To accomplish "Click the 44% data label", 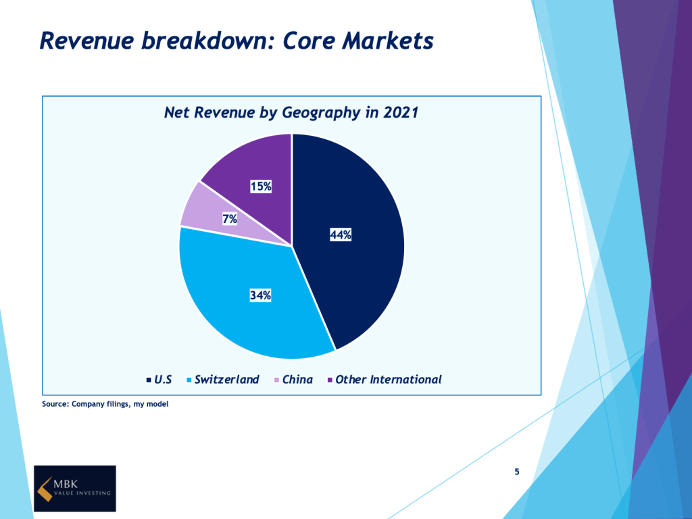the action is click(x=341, y=234).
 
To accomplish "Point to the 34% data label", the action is click(x=260, y=295).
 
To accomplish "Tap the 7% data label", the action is click(x=230, y=219).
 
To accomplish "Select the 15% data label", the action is click(x=261, y=187).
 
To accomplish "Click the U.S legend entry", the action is click(x=159, y=380).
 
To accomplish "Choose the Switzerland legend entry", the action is click(x=223, y=380).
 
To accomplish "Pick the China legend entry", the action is click(x=293, y=380).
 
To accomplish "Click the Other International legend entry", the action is click(x=385, y=380).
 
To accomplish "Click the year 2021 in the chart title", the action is click(x=400, y=112).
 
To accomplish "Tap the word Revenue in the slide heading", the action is click(x=86, y=41).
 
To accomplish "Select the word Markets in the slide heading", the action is click(x=388, y=41).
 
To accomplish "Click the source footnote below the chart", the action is click(x=105, y=404).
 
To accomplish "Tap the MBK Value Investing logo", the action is click(x=75, y=488).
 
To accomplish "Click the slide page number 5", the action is click(x=517, y=472).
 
